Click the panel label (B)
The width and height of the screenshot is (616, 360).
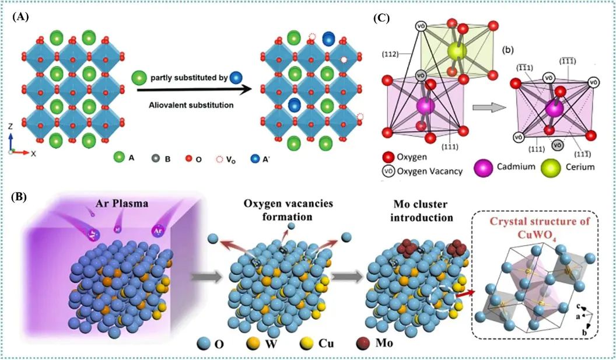pos(19,195)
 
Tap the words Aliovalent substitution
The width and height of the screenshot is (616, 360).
pos(191,105)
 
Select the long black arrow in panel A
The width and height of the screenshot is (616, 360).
pos(194,90)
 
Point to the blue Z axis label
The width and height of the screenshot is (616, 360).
pos(10,127)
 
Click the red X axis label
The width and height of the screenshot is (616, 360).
pos(33,154)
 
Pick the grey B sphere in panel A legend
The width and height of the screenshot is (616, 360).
pos(156,159)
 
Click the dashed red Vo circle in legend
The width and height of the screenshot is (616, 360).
pos(219,159)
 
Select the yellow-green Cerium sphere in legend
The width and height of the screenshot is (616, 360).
pos(551,167)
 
